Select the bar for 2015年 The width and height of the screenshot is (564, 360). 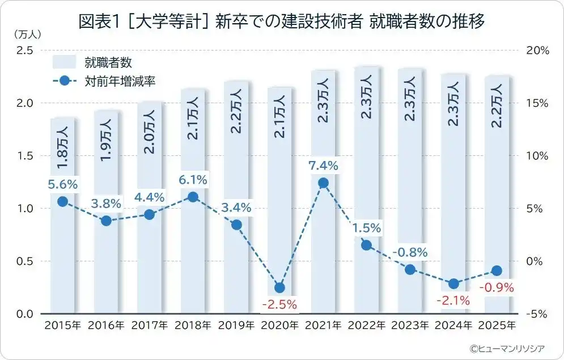click(x=63, y=255)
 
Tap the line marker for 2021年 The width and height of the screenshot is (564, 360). click(x=323, y=183)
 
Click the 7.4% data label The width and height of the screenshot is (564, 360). click(x=323, y=166)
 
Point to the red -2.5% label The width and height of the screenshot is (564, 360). click(x=279, y=304)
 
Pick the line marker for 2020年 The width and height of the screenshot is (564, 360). click(x=279, y=287)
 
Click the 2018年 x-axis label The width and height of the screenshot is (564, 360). click(x=193, y=326)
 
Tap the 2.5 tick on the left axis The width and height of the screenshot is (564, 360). click(x=24, y=50)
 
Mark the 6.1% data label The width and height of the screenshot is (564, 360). click(x=193, y=180)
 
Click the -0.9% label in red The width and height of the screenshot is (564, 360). click(x=497, y=287)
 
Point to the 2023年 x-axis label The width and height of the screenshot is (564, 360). click(x=410, y=326)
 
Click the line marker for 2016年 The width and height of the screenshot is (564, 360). click(x=106, y=221)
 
